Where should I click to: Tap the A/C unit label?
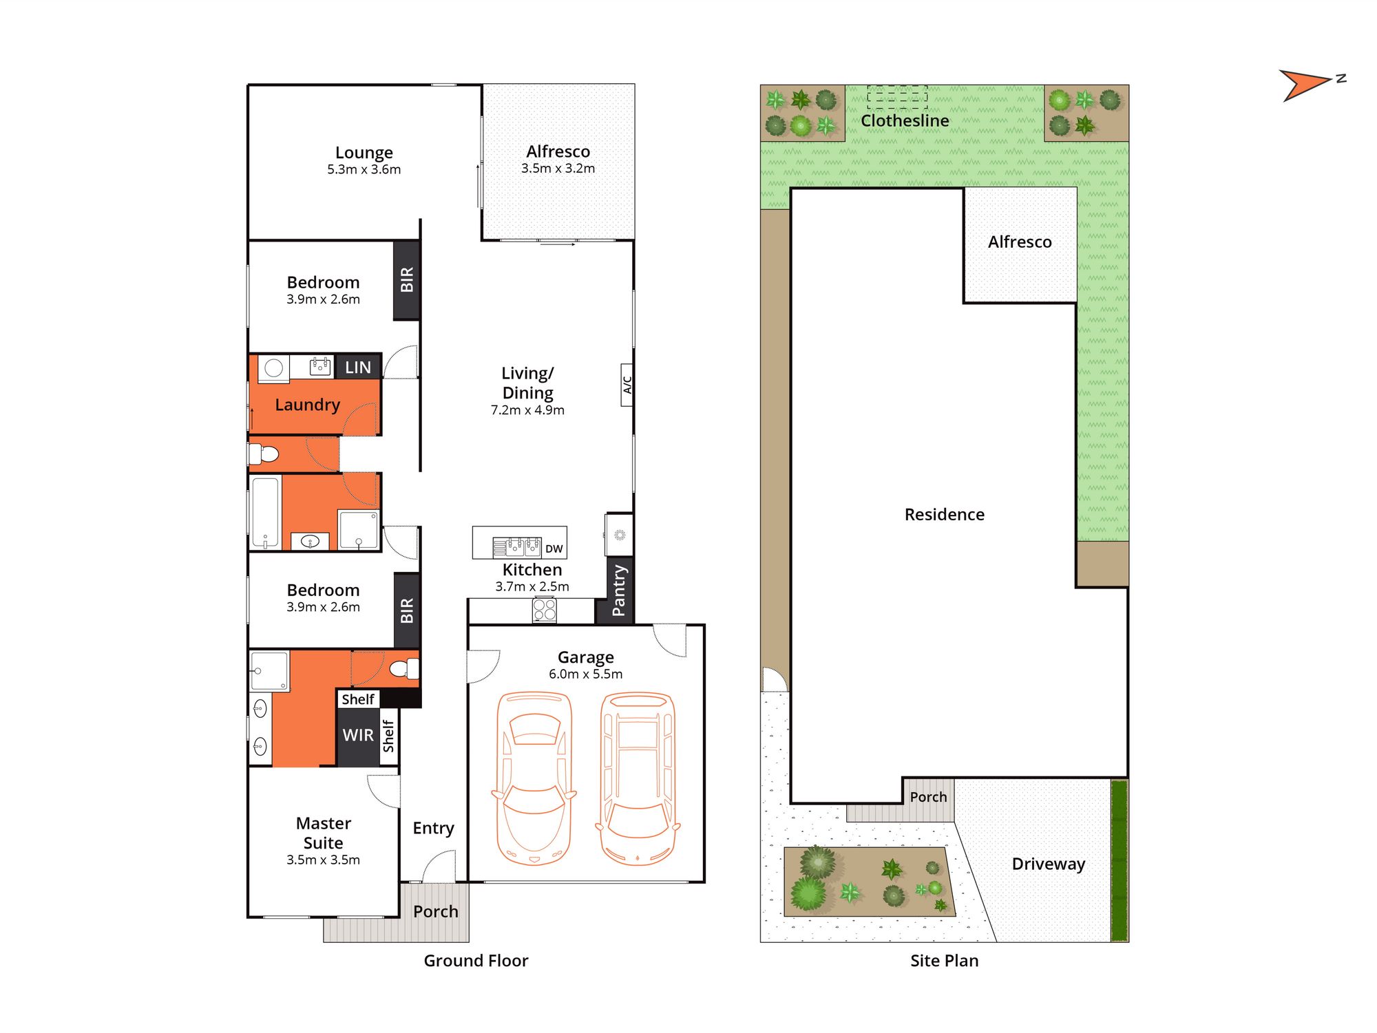[627, 385]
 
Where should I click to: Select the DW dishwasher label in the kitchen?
[554, 549]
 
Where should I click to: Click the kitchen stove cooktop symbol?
[545, 610]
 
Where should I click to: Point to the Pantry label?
[619, 590]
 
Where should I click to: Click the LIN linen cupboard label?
[358, 368]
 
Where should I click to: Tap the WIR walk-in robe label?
[358, 735]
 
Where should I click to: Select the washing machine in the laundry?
[273, 369]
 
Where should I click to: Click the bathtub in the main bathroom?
[265, 512]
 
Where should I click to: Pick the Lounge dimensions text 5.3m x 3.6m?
[364, 169]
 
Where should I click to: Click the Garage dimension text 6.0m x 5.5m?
[585, 674]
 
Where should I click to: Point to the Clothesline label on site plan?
[905, 120]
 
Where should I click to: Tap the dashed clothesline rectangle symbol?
[897, 97]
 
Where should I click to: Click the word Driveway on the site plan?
[1049, 864]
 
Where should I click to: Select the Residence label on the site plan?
[944, 514]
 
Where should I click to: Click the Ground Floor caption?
[476, 961]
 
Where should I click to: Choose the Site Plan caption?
[944, 961]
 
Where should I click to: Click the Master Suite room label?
[323, 833]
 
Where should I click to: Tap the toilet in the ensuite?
[405, 668]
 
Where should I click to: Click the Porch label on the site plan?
[928, 797]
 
